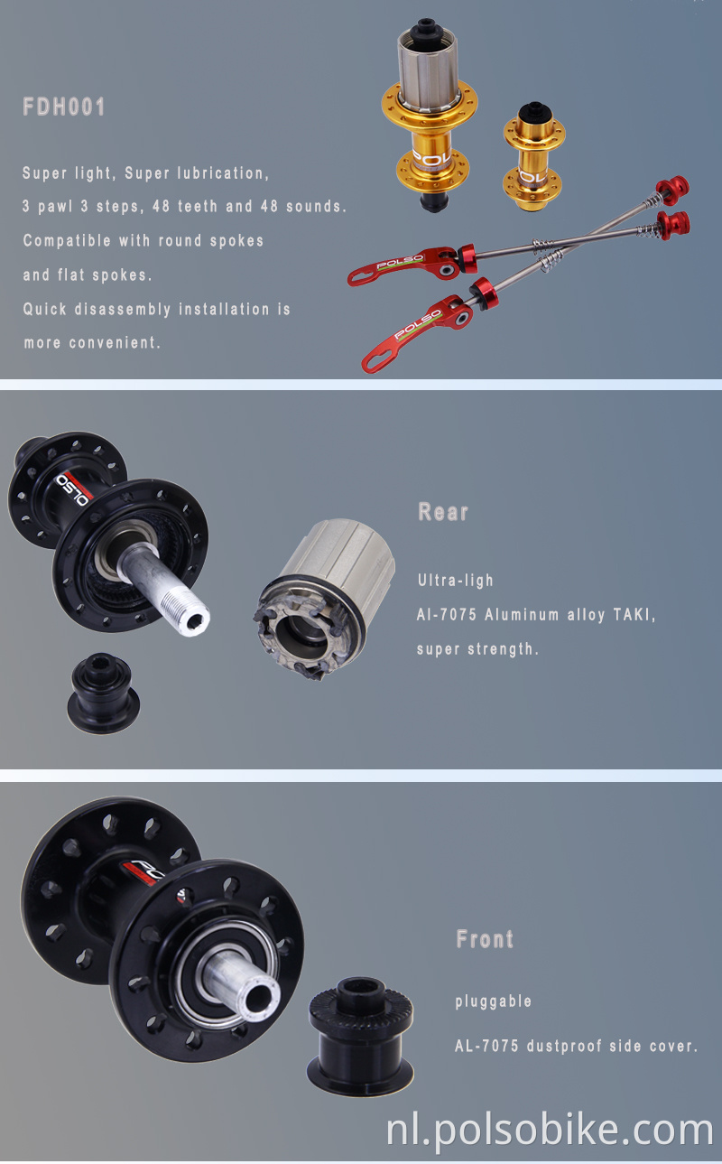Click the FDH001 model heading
64,107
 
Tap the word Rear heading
443,512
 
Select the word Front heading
485,939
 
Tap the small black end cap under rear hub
102,691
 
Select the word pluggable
493,1001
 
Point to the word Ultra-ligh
455,581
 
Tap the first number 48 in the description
162,206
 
